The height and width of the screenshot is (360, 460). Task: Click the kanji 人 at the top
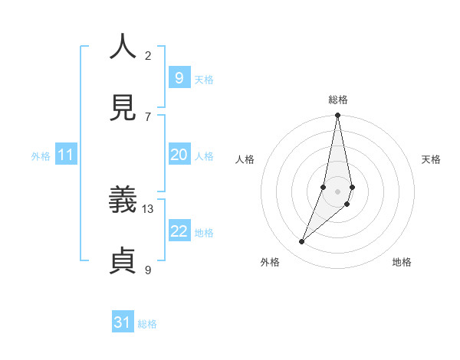tap(123, 47)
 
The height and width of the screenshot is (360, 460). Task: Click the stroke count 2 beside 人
tap(148, 55)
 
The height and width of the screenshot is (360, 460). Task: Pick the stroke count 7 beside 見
tap(148, 116)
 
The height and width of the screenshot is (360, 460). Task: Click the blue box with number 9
tap(179, 77)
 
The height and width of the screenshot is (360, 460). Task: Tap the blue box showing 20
tap(179, 155)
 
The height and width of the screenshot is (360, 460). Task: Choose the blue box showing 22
tap(179, 231)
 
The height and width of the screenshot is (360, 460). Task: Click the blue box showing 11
tap(66, 155)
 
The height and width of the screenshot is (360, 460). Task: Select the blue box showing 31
tap(123, 322)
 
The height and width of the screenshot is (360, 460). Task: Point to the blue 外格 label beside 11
tap(41, 156)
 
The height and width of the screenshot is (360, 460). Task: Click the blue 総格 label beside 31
tap(147, 324)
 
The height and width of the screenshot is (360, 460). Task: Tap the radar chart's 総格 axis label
tap(337, 100)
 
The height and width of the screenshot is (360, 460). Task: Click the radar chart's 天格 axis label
tap(431, 159)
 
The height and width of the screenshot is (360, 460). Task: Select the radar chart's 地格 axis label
tap(402, 262)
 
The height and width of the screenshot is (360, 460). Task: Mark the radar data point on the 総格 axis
tap(337, 116)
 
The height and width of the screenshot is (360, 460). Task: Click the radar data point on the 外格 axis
tap(301, 242)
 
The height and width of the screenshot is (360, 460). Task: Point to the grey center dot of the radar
tap(337, 191)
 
